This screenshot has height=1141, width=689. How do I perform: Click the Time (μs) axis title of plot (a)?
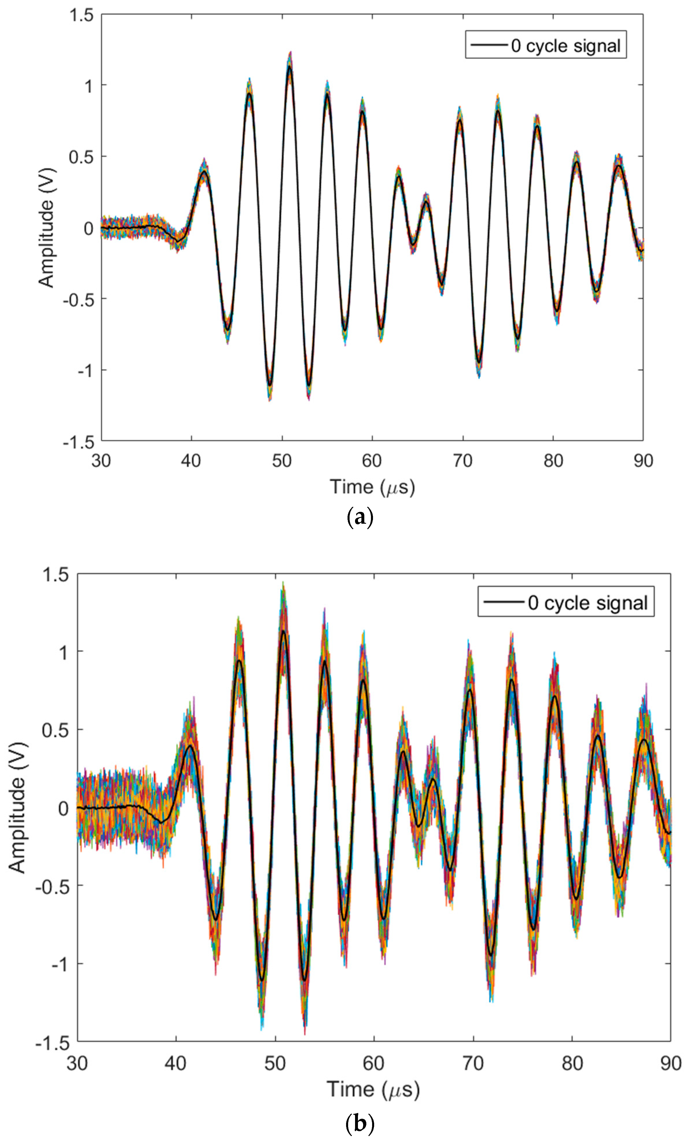click(372, 487)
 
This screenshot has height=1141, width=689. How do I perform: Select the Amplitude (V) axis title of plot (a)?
click(46, 228)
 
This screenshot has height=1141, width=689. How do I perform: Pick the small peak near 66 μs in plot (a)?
click(426, 201)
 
